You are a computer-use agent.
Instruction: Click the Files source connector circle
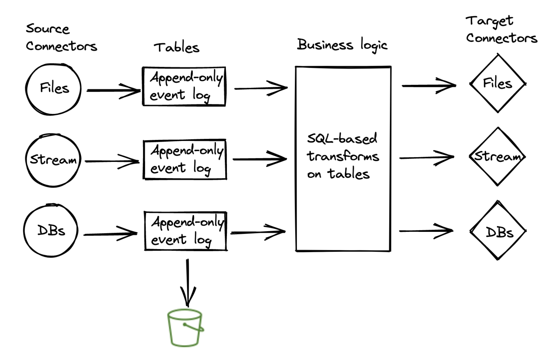tap(53, 89)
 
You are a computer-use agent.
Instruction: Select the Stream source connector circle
tap(53, 160)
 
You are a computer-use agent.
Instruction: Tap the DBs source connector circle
tap(51, 231)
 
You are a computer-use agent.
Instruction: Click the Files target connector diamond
tap(497, 84)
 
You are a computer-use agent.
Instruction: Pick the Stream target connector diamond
tap(497, 156)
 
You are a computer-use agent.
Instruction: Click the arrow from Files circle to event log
tap(113, 90)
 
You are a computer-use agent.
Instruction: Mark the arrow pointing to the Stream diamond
tap(426, 157)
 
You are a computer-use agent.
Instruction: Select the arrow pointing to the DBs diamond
tap(426, 231)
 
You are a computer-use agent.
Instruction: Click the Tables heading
tap(177, 48)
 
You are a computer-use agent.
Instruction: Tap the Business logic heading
tap(342, 45)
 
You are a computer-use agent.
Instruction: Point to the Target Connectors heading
tap(501, 30)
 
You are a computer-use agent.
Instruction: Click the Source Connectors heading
tap(61, 38)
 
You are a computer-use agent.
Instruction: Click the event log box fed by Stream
tap(185, 159)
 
